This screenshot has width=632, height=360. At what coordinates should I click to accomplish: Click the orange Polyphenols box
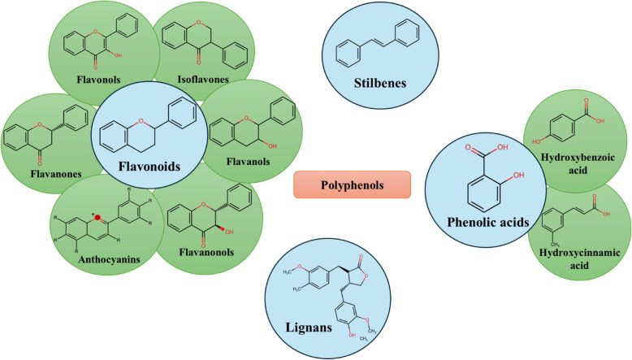[352, 184]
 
